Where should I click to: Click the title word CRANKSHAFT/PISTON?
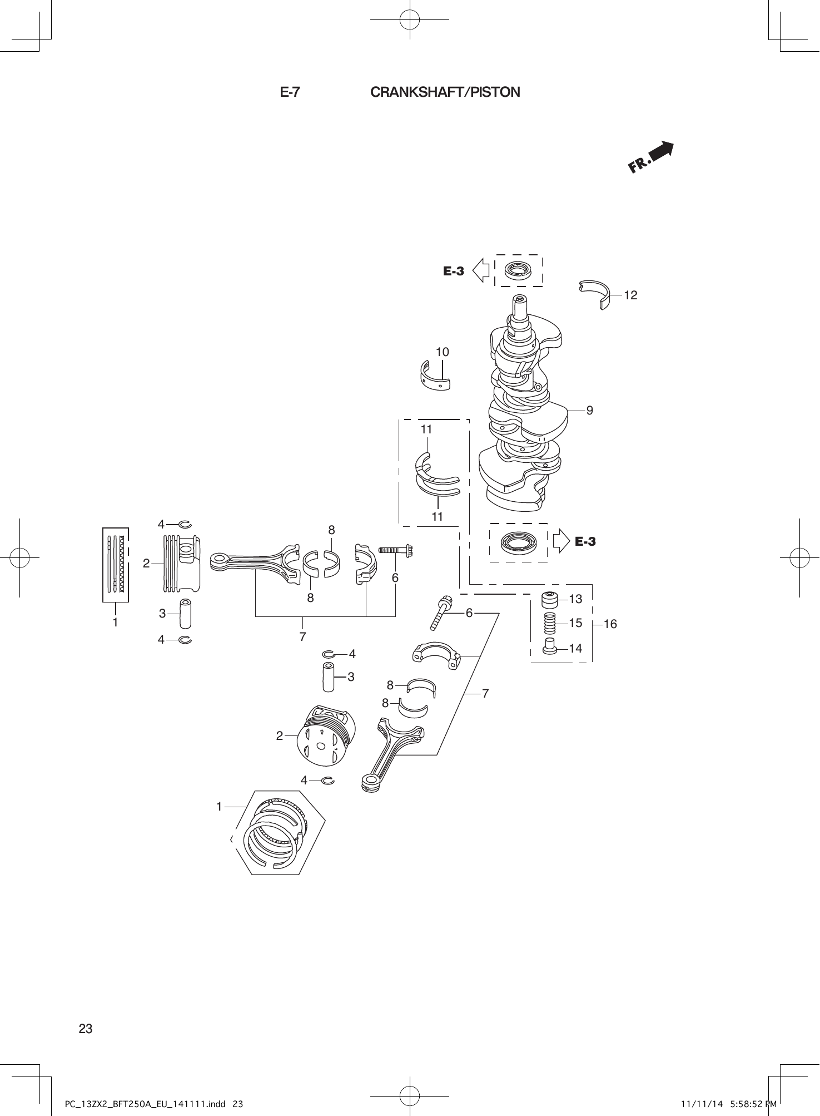445,92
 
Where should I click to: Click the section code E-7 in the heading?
290,92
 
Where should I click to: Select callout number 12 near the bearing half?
630,295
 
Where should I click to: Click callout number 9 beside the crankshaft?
589,411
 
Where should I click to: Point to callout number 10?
442,352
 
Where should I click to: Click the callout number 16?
610,624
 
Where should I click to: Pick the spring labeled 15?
550,623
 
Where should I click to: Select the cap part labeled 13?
550,600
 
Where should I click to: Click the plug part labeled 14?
550,648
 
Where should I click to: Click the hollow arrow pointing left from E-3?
480,271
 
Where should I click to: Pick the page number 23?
86,1029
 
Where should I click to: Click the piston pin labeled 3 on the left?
184,614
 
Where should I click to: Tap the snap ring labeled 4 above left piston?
185,524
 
